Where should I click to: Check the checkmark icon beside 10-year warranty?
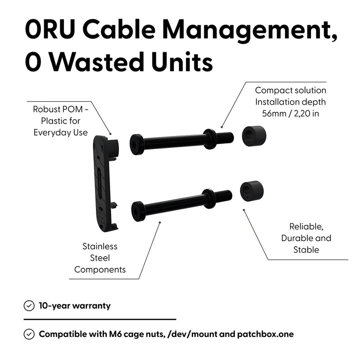(29, 306)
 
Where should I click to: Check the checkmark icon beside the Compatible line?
(29, 334)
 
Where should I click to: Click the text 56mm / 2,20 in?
(290, 113)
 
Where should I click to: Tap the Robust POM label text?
(60, 110)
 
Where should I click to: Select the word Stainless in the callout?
(100, 247)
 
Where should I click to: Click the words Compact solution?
(290, 90)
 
